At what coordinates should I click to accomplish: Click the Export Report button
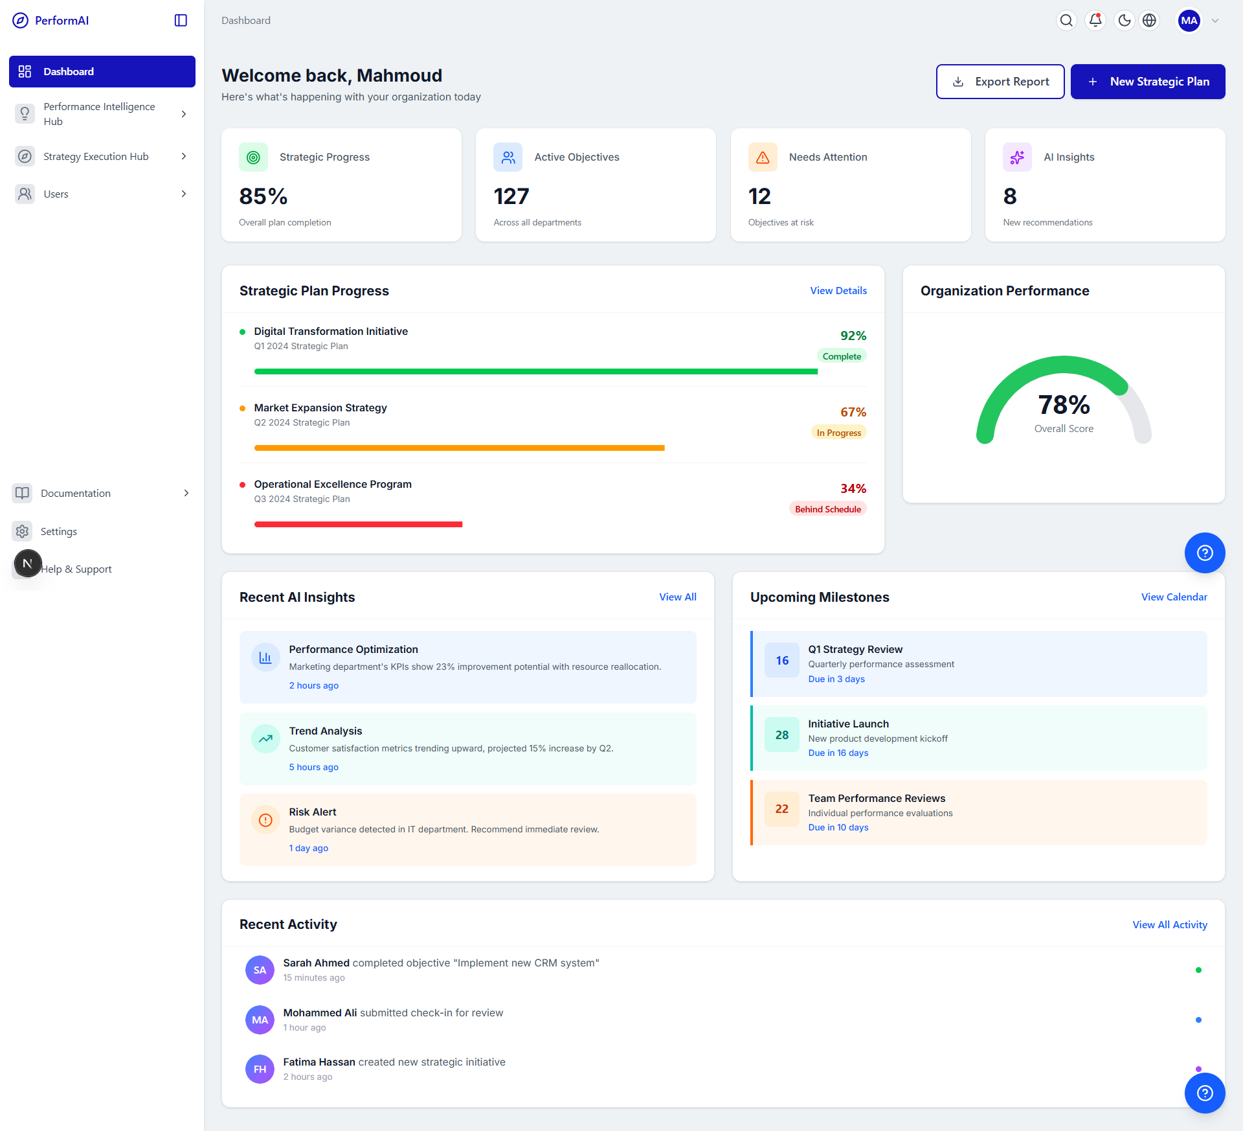[x=1000, y=82]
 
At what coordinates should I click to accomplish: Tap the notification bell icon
[x=1095, y=21]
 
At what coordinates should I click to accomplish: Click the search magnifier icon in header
[x=1066, y=21]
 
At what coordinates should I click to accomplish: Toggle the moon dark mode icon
[x=1125, y=21]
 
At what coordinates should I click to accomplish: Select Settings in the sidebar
[x=58, y=531]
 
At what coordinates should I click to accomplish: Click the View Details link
[x=838, y=291]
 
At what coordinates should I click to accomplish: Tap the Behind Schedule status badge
[x=827, y=509]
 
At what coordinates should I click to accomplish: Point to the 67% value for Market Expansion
[x=853, y=412]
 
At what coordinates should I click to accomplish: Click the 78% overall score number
[x=1064, y=405]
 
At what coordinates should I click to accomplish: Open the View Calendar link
[x=1174, y=597]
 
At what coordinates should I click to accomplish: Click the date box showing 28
[x=781, y=735]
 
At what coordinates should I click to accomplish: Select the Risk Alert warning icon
[x=265, y=820]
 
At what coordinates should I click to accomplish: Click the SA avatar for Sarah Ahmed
[x=260, y=970]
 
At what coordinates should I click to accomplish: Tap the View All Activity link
[x=1169, y=925]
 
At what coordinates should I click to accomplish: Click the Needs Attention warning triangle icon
[x=763, y=157]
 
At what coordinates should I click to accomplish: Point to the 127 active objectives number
[x=511, y=196]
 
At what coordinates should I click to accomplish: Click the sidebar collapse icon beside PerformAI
[x=181, y=21]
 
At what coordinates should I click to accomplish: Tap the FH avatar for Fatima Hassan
[x=260, y=1069]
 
